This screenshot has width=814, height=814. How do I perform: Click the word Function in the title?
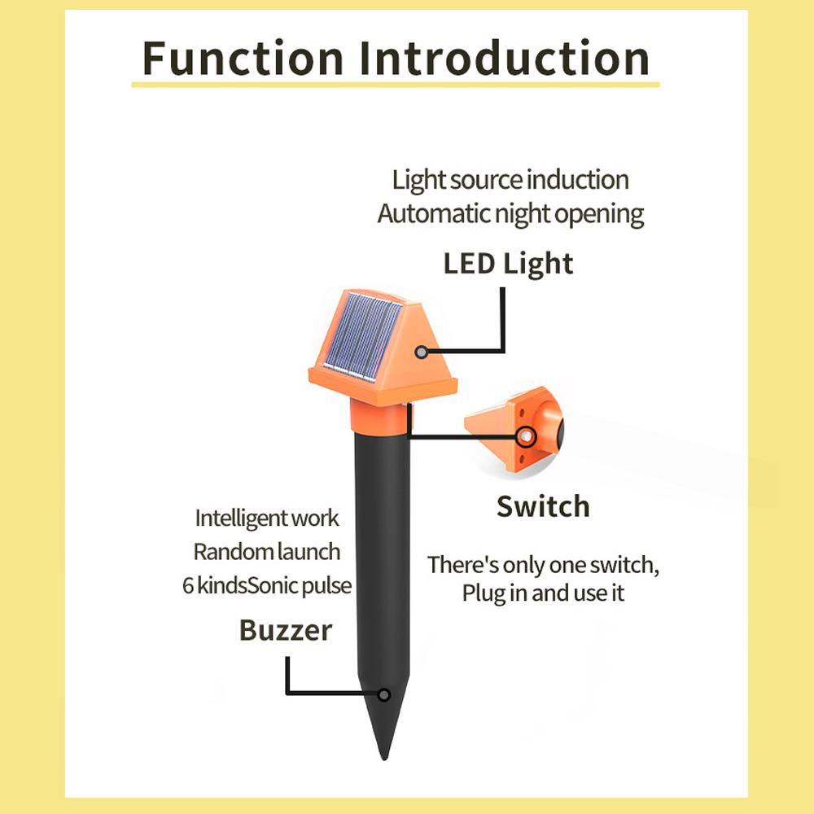[243, 58]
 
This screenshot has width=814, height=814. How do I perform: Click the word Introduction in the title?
[505, 58]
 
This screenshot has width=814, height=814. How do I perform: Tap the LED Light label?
[508, 265]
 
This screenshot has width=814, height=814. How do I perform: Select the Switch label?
[543, 506]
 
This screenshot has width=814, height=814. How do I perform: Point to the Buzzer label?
[286, 630]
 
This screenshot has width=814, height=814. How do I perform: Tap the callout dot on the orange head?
[421, 352]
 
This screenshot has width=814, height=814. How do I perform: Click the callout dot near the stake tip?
[383, 694]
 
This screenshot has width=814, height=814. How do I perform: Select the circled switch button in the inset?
[526, 436]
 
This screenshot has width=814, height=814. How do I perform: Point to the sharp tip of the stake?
[385, 759]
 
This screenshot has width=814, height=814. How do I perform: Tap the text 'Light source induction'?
[510, 180]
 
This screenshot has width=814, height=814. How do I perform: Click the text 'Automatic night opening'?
[511, 214]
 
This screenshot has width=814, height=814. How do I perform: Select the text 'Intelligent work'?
[267, 519]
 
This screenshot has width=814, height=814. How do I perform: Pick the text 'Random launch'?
[267, 552]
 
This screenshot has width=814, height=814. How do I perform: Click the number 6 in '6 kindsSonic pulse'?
[188, 586]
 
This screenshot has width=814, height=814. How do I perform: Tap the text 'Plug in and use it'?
[543, 593]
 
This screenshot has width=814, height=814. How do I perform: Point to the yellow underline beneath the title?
[396, 84]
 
